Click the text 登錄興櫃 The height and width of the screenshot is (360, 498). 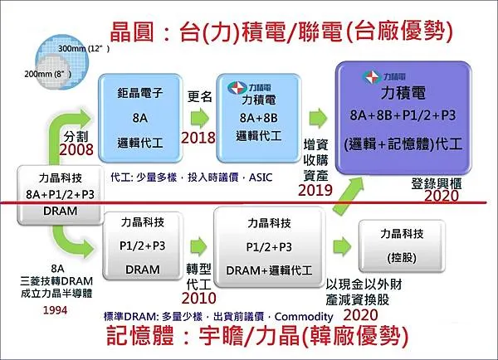point(438,182)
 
